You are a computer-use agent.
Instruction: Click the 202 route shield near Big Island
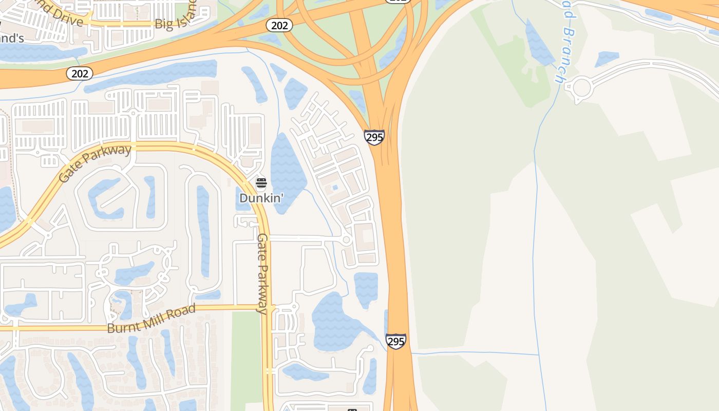click(x=279, y=25)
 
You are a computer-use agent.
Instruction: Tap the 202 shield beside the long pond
click(x=80, y=73)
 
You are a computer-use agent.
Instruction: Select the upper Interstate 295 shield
click(x=374, y=137)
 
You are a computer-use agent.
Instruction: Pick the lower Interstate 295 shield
click(x=396, y=341)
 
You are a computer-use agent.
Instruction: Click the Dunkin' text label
click(x=261, y=198)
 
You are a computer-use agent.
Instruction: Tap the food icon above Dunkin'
click(x=261, y=183)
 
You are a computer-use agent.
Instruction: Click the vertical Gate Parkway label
click(x=262, y=273)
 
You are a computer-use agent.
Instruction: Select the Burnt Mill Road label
click(x=152, y=319)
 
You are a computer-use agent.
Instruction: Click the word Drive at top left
click(x=67, y=20)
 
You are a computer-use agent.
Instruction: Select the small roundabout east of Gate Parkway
click(x=346, y=240)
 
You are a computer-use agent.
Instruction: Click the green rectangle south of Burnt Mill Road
click(x=246, y=360)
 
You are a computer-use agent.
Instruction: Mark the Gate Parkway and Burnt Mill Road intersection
click(x=267, y=308)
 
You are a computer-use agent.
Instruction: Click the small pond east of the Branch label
click(x=608, y=58)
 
